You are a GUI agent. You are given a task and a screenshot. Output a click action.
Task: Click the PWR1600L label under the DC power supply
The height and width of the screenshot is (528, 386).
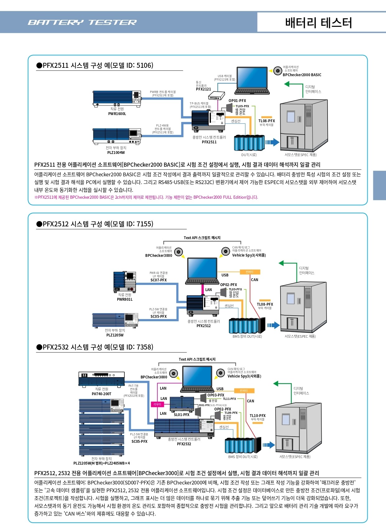click(x=117, y=113)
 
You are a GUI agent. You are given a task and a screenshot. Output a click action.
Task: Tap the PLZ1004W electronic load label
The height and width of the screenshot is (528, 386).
click(x=116, y=152)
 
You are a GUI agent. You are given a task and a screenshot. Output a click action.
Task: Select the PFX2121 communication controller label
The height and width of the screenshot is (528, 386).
click(x=203, y=89)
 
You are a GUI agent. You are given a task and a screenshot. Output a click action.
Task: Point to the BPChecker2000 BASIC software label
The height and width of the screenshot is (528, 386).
click(x=302, y=75)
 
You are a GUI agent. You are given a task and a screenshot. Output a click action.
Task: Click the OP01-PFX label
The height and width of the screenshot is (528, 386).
click(x=237, y=101)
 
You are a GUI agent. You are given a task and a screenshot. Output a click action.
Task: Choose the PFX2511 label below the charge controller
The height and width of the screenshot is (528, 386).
click(x=209, y=142)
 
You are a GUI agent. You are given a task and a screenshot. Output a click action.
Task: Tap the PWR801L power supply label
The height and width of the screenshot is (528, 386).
click(x=125, y=299)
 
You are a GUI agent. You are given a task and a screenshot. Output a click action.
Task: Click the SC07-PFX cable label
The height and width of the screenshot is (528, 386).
click(x=158, y=280)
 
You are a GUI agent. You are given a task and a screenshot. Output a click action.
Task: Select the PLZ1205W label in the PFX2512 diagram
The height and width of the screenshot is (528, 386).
click(x=115, y=335)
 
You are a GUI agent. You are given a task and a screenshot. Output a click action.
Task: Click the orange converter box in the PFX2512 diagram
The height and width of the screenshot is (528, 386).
click(x=250, y=272)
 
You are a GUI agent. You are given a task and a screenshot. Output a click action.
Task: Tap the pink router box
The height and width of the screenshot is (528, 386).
click(x=157, y=404)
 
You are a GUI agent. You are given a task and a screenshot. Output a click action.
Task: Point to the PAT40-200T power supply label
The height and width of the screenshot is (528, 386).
click(x=101, y=394)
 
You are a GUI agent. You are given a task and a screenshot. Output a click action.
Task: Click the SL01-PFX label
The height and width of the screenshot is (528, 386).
click(x=182, y=415)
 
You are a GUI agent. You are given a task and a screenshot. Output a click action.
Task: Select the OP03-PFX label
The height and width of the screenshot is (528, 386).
click(x=216, y=395)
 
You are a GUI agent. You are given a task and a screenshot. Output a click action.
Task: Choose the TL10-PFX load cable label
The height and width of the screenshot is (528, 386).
click(x=258, y=415)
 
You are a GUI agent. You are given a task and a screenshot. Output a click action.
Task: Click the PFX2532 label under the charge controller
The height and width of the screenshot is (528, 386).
click(x=184, y=444)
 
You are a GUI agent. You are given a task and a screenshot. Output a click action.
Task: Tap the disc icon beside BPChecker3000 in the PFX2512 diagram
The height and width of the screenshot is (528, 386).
click(x=179, y=252)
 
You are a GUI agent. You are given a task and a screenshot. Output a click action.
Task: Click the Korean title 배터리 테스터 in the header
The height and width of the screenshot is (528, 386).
click(x=318, y=23)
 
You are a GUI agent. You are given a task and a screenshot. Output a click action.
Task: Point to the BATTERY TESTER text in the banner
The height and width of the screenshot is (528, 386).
click(x=82, y=22)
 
